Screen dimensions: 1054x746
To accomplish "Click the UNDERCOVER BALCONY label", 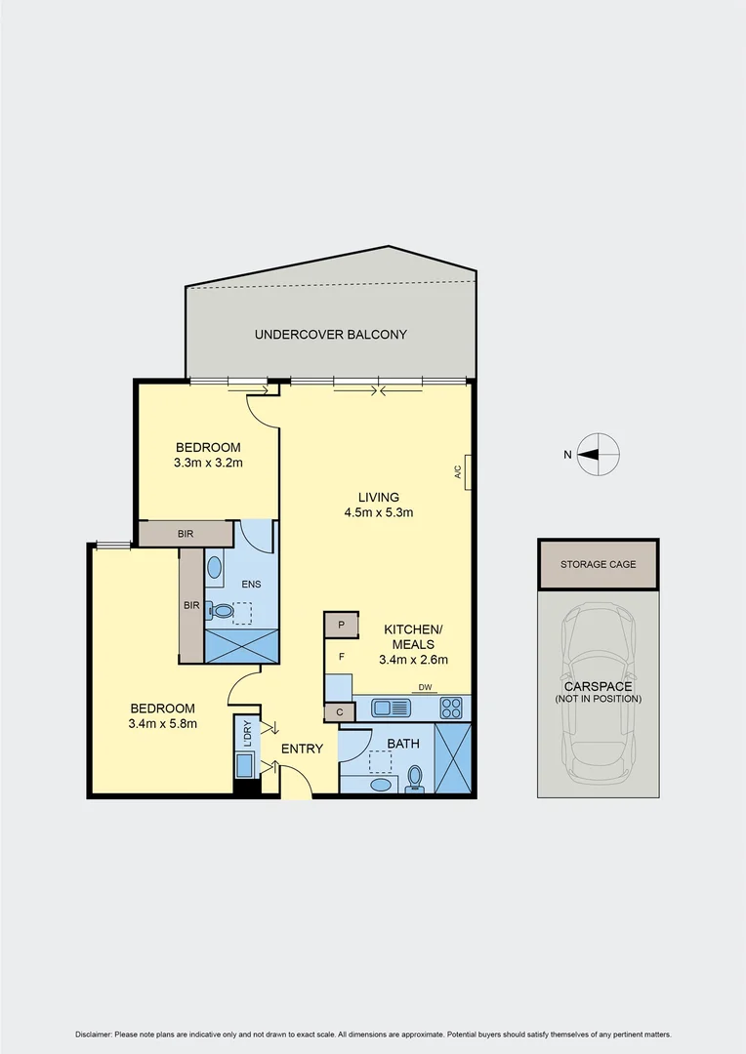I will (330, 335).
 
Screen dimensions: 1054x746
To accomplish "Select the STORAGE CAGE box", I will (598, 564).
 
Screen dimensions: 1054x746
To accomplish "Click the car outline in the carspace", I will (598, 688).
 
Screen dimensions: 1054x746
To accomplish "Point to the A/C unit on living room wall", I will (467, 472).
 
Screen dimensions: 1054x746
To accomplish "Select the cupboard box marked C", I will (339, 712).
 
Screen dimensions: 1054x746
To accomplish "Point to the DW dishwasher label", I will (425, 688).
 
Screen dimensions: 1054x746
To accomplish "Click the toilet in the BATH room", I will (416, 778).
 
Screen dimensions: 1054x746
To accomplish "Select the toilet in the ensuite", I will (222, 612).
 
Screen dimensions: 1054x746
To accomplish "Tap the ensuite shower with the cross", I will (240, 646).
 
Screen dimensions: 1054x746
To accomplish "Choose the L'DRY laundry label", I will (247, 733).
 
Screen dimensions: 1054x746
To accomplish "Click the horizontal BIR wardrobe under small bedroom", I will (186, 534).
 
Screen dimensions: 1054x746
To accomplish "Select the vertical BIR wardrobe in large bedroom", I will (191, 605).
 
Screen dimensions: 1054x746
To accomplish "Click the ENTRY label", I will (302, 749).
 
